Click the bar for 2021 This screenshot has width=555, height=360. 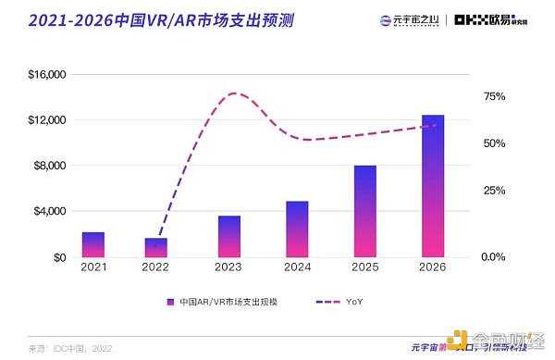(93, 244)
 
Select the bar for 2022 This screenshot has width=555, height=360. (156, 247)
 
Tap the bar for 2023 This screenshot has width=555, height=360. (229, 236)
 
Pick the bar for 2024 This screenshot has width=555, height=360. (297, 229)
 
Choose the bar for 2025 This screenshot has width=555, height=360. (365, 211)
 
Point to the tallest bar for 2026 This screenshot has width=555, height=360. (433, 185)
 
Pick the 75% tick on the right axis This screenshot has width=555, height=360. (494, 96)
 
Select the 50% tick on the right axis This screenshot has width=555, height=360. (494, 143)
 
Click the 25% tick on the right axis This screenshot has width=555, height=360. (494, 190)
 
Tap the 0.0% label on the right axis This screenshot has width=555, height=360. (496, 257)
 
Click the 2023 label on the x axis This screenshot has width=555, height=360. (229, 268)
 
